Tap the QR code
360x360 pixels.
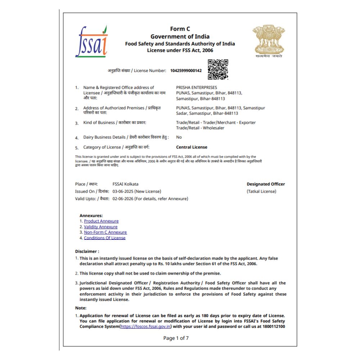[218, 69]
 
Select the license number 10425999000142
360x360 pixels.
[186, 71]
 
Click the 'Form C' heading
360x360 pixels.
[180, 29]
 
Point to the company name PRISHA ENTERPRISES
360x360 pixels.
[197, 87]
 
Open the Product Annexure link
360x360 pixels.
[101, 221]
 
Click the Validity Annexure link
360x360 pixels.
[101, 227]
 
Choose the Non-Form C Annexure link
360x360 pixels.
[105, 233]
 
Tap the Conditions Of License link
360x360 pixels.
[105, 238]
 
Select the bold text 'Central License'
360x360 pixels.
[192, 147]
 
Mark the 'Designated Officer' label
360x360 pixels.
[266, 184]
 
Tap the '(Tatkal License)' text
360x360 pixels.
[262, 191]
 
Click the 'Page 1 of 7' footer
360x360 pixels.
[176, 338]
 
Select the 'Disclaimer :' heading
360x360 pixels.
[87, 251]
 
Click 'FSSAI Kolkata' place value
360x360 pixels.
[125, 184]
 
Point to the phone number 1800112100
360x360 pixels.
[273, 327]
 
